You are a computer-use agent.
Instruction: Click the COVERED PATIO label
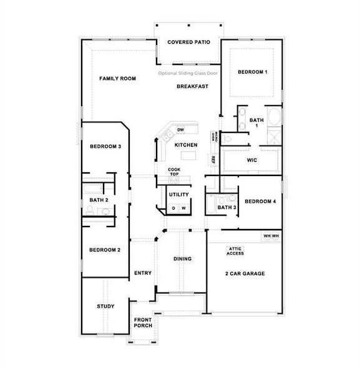click(188, 42)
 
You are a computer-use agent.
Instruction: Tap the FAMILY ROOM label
click(117, 79)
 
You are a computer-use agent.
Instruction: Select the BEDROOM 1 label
click(253, 72)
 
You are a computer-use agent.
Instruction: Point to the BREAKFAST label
click(192, 86)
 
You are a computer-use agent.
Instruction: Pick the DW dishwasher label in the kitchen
click(180, 130)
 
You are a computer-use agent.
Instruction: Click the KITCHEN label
click(186, 145)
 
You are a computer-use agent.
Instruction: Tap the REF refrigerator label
click(213, 159)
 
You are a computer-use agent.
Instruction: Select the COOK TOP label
click(174, 171)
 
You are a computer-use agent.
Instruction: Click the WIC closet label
click(251, 160)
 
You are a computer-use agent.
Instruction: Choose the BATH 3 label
click(226, 207)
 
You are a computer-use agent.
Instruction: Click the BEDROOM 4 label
click(260, 201)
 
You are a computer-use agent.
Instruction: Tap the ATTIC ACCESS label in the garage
click(235, 251)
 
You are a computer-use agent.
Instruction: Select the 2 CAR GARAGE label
click(245, 273)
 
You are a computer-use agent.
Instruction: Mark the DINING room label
click(182, 258)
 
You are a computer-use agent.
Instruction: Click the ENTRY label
click(143, 273)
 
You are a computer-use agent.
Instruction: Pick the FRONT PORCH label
click(143, 323)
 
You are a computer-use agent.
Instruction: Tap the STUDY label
click(105, 306)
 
